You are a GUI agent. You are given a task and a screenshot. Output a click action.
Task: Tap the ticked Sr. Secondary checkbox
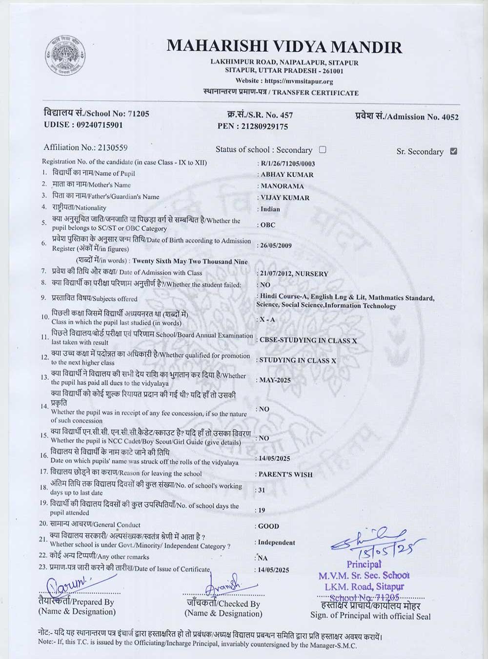(x=454, y=151)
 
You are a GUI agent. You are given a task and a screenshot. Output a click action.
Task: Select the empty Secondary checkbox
(x=323, y=149)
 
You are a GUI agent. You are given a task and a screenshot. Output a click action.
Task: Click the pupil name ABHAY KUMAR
(x=287, y=174)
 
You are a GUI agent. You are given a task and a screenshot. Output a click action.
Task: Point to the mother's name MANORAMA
(x=282, y=186)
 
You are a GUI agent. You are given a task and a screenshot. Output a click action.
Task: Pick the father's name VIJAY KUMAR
(x=285, y=198)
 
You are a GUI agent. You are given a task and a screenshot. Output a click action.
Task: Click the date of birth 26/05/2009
(x=276, y=245)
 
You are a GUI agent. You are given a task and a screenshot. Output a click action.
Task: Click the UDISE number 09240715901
(x=100, y=124)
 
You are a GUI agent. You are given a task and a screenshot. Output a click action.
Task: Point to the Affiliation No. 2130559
(x=113, y=147)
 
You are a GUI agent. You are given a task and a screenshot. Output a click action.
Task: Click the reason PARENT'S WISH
(x=285, y=474)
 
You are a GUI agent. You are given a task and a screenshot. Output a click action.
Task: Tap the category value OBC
(x=268, y=225)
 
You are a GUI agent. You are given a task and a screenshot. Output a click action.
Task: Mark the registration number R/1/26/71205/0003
(x=288, y=164)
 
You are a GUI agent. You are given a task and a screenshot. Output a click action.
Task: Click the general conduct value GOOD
(x=268, y=526)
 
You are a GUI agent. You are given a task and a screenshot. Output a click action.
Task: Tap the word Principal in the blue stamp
(x=364, y=564)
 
